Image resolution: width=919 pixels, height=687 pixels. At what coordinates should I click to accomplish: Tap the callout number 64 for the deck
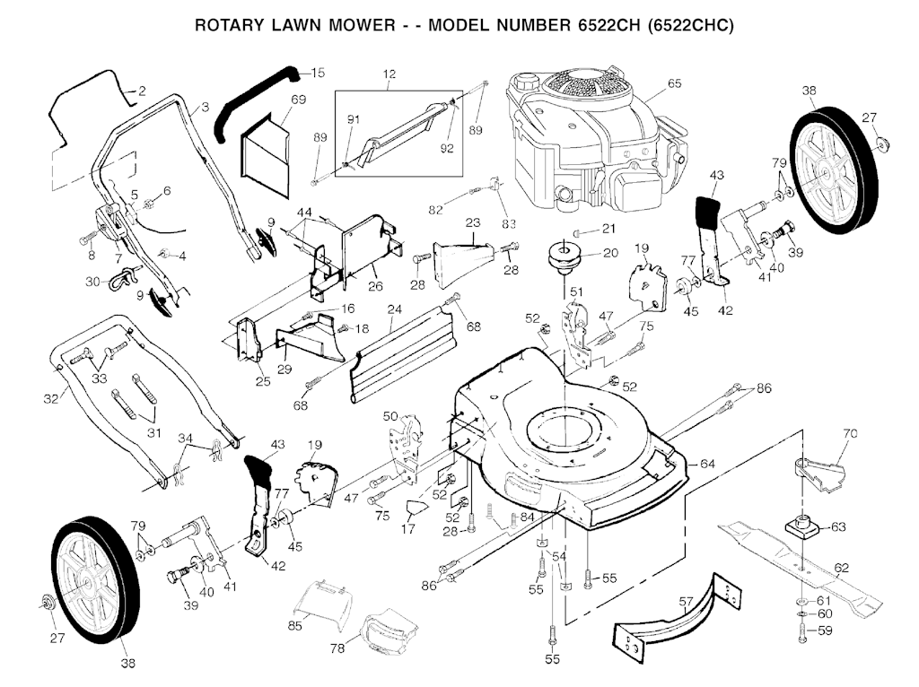coord(707,464)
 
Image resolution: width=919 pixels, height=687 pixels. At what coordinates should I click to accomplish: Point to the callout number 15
coord(319,73)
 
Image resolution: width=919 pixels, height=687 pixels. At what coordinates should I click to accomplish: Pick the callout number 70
coord(851,434)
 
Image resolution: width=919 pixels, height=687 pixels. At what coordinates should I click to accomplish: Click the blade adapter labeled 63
coord(801,526)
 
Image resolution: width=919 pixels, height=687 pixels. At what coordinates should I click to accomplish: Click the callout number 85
coord(294,624)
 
